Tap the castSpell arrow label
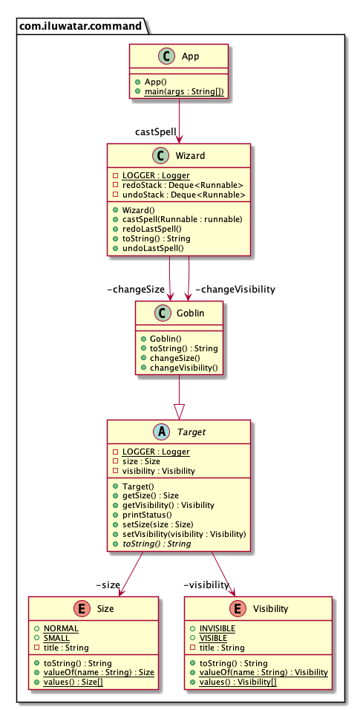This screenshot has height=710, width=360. coord(155,131)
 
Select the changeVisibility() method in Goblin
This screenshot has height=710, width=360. coord(184,367)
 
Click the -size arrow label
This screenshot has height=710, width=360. coord(108,584)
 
